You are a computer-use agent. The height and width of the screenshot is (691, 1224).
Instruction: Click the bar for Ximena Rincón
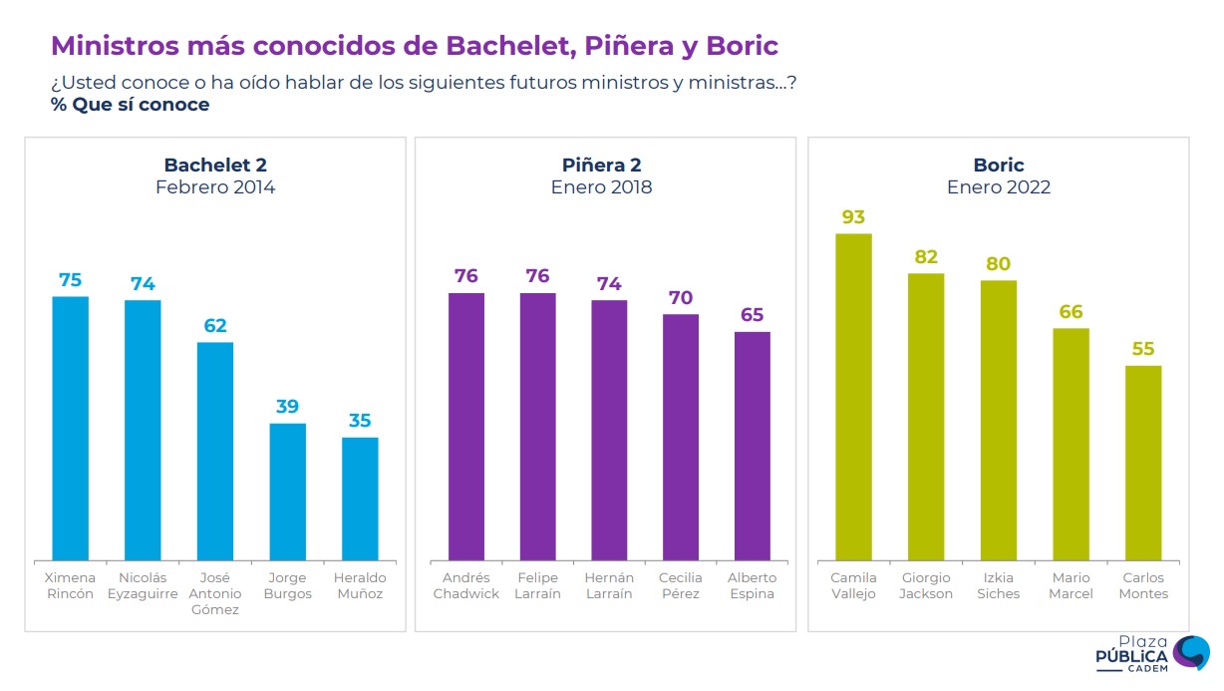70,428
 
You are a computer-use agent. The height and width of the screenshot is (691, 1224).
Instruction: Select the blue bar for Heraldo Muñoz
360,498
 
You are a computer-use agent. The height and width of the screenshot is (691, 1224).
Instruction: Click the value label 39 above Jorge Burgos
288,407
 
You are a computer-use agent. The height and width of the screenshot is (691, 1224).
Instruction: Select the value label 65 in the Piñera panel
753,315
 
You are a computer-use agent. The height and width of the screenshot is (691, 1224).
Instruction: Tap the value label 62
215,326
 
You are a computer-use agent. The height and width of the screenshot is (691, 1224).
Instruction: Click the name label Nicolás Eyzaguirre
142,586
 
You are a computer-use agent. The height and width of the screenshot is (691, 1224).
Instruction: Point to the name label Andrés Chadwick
466,586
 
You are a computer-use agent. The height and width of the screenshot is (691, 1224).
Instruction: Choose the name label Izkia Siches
999,586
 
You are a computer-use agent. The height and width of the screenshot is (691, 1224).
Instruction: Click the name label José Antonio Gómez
215,593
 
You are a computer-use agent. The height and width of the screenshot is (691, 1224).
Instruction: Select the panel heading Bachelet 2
215,166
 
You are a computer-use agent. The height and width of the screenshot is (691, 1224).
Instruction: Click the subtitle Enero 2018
601,187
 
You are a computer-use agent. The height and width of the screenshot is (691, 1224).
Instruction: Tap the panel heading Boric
999,166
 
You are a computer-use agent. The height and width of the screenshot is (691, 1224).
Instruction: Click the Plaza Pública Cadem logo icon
1190,653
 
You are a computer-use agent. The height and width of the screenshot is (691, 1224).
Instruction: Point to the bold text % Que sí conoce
131,105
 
